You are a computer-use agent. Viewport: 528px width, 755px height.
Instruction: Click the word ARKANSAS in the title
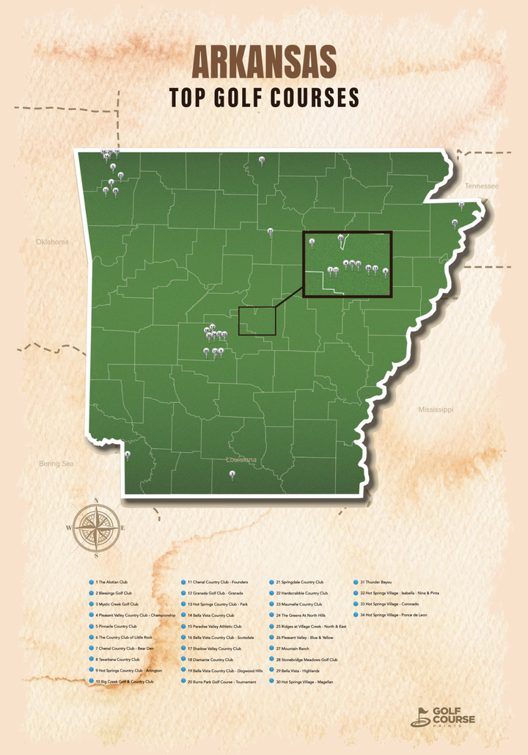[264, 61]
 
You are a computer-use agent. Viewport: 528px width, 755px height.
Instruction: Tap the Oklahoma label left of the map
[52, 242]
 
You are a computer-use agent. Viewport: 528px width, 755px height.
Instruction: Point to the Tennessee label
[481, 186]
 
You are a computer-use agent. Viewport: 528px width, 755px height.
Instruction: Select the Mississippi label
[436, 409]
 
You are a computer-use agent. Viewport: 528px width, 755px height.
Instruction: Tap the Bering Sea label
[56, 464]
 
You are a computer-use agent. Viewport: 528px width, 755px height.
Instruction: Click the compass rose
[96, 526]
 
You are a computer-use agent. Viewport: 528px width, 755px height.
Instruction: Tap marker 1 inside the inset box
[312, 241]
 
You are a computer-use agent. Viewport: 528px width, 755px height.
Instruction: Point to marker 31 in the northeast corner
[461, 205]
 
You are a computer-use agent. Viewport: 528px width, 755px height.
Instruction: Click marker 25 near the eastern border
[455, 222]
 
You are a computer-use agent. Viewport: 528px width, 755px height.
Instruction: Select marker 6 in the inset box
[385, 271]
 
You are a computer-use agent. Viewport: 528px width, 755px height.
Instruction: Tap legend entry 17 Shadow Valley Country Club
[214, 649]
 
